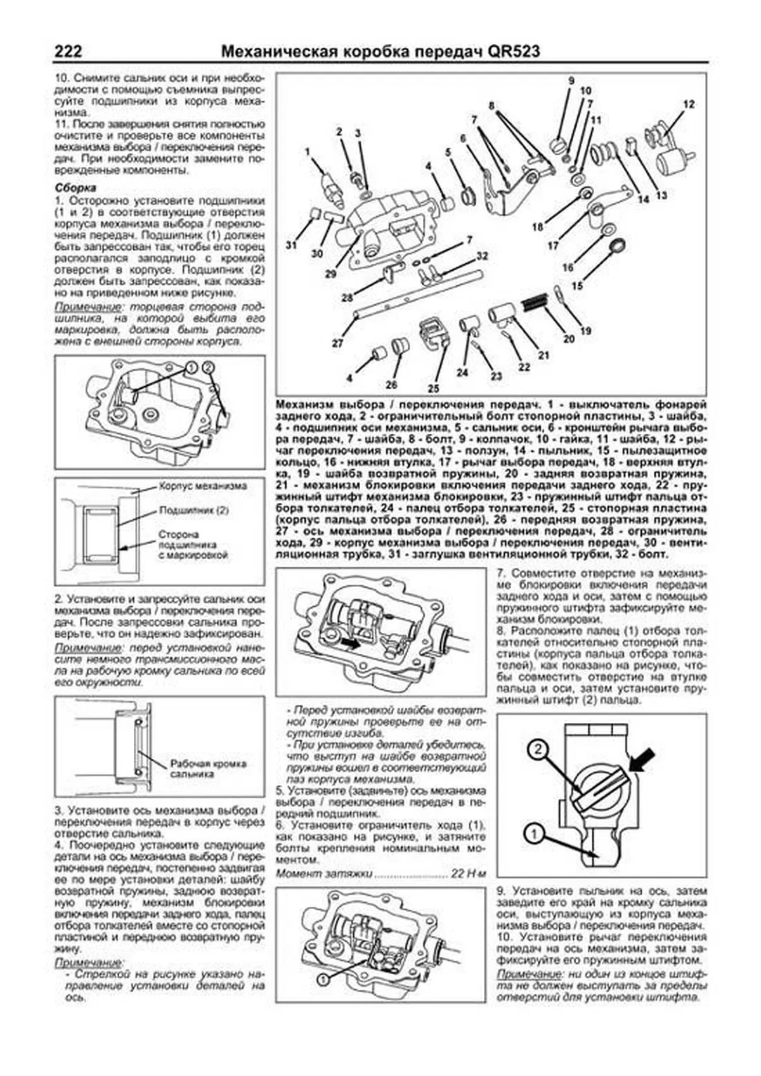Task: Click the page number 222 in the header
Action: point(68,51)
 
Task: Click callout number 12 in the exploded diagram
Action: point(689,104)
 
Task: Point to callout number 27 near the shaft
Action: point(337,342)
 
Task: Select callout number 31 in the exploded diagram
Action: point(291,245)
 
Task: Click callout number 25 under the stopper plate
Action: point(434,388)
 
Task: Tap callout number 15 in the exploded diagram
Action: point(577,286)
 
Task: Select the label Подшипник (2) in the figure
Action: point(193,510)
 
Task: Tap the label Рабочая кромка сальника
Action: point(208,769)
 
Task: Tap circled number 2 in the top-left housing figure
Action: point(210,367)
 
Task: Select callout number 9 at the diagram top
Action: point(571,81)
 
